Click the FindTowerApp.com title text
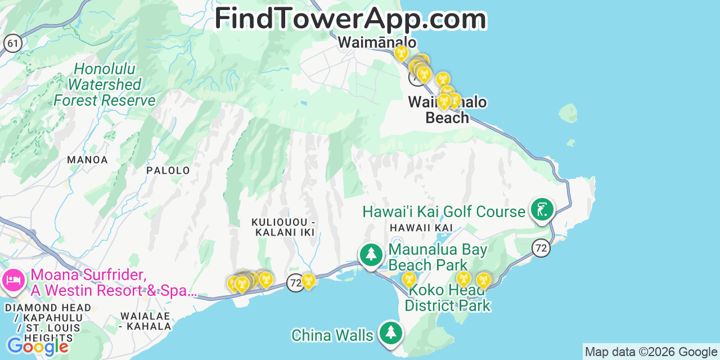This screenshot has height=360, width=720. click(350, 19)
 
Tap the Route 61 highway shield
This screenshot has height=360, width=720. click(12, 43)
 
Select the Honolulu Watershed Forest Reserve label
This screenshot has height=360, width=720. click(105, 85)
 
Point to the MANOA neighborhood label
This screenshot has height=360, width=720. click(87, 160)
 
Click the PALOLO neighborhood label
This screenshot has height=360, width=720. click(168, 170)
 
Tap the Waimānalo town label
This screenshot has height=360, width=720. click(377, 43)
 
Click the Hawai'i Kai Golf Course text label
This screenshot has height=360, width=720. click(443, 211)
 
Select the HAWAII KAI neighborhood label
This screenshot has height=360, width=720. click(421, 227)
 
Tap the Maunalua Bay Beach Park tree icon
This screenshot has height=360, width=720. click(371, 254)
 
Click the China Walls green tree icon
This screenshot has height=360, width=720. click(390, 332)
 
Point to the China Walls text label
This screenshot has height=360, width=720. click(332, 336)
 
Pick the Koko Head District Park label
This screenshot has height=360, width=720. click(447, 298)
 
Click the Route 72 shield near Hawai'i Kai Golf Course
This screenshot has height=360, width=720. click(541, 247)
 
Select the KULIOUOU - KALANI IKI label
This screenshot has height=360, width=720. click(283, 227)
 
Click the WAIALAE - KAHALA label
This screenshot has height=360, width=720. click(145, 321)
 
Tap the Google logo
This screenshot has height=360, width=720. click(37, 346)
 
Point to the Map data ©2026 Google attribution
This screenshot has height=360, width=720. click(651, 352)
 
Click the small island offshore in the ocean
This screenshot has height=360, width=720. click(569, 113)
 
